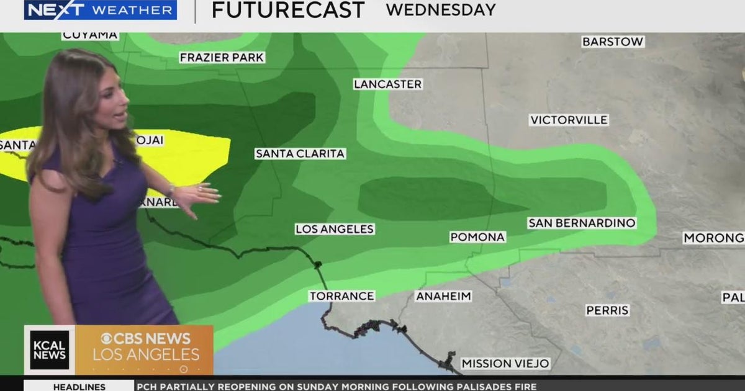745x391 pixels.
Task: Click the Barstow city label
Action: tap(613, 42)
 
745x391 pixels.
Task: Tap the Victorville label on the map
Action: tap(569, 120)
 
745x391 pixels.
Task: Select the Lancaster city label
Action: tap(388, 84)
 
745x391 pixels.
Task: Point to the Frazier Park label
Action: tap(222, 58)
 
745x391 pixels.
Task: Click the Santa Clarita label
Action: tap(300, 153)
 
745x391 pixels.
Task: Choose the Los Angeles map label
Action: tap(335, 229)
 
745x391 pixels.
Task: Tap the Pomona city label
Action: tap(477, 236)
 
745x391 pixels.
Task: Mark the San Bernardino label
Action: tap(582, 223)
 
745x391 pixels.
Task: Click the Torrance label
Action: tap(341, 296)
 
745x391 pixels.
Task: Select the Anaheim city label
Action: tap(443, 296)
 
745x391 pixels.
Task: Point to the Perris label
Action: tap(607, 310)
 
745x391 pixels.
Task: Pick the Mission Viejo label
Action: tap(505, 364)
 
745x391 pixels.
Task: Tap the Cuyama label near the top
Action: tap(90, 35)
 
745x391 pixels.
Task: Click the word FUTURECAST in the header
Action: tap(287, 10)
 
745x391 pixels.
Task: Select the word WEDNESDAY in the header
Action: tap(441, 10)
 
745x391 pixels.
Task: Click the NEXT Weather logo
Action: tap(100, 10)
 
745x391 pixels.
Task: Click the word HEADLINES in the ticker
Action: tap(79, 386)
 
